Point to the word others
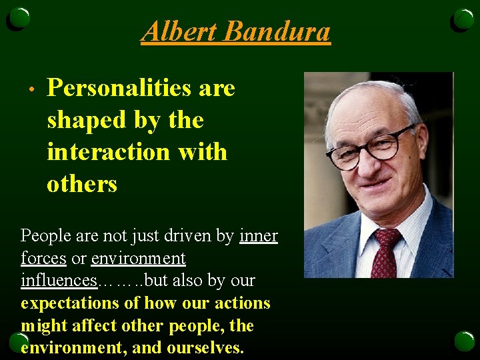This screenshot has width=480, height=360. [82, 184]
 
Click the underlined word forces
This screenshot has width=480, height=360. [43, 258]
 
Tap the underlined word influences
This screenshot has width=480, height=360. [59, 280]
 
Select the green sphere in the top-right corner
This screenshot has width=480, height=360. [462, 20]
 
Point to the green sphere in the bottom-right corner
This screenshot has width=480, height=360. [463, 341]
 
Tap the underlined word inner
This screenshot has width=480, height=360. [259, 236]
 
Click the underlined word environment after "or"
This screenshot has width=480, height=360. [138, 258]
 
